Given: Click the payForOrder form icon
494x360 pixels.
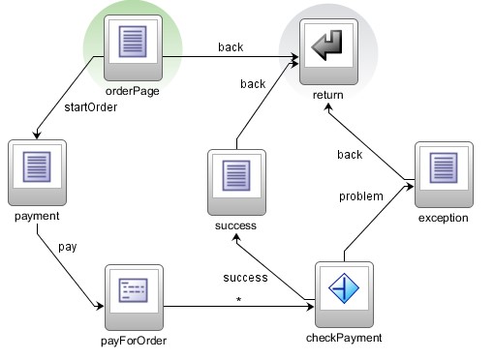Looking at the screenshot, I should [x=134, y=293].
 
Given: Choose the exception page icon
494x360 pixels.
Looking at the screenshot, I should [x=444, y=171].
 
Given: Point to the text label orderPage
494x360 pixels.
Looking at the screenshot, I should [x=134, y=92].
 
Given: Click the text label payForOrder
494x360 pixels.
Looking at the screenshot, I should [x=134, y=338].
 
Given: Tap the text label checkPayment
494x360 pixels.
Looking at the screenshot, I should [x=345, y=338].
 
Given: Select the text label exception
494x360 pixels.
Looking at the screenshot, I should [x=444, y=218].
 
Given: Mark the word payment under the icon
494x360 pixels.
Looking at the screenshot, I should [x=37, y=216].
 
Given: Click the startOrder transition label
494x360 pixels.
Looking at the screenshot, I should [x=92, y=107].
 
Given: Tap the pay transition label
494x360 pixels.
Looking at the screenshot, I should [x=67, y=247].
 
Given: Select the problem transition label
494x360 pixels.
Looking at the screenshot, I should [x=360, y=196].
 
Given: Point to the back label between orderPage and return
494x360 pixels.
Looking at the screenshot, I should [x=231, y=45].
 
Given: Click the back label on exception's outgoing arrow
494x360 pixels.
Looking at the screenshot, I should [x=350, y=155].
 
